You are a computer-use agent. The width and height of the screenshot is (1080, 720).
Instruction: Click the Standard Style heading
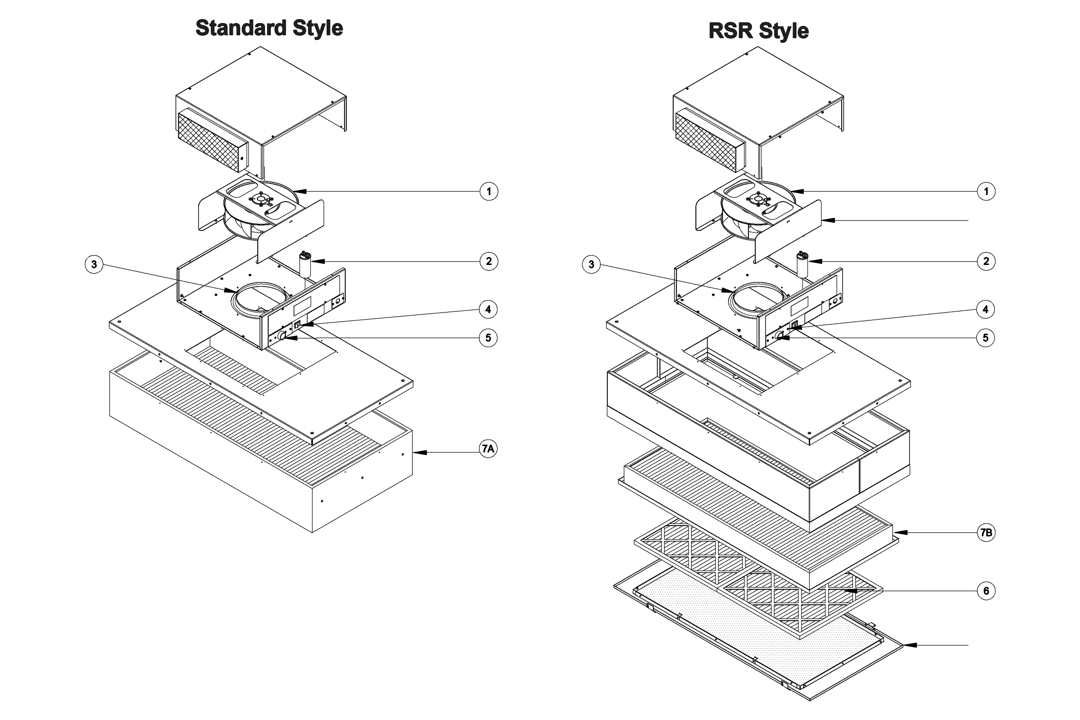(x=269, y=28)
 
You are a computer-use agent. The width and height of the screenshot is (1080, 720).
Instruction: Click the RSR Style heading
(x=759, y=31)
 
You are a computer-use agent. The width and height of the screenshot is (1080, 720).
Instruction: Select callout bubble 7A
(x=488, y=449)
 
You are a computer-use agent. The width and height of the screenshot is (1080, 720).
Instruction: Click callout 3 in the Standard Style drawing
(x=94, y=265)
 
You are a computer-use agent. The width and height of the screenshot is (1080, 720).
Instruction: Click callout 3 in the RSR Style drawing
(x=591, y=265)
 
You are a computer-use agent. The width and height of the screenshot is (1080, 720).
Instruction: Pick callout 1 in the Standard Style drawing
(x=489, y=192)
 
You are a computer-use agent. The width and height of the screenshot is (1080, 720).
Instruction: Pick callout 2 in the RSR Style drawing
(x=986, y=262)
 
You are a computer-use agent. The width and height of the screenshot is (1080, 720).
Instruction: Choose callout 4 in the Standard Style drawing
(x=488, y=310)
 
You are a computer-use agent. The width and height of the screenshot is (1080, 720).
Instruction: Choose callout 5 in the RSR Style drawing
(x=985, y=338)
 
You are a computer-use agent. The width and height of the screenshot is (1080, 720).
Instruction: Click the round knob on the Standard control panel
(x=282, y=337)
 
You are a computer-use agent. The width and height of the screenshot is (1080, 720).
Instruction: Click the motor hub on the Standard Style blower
(x=260, y=198)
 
